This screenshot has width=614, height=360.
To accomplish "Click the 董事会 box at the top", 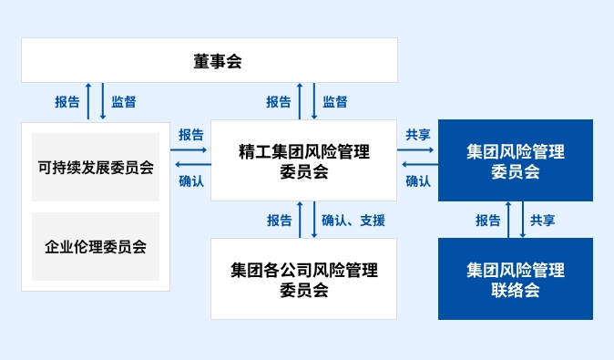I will coord(210,60).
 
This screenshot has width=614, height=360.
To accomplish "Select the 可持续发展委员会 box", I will coord(95,167).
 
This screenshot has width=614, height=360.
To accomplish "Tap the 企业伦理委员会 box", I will coord(95,246).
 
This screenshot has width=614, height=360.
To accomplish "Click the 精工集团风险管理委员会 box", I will coord(303,160).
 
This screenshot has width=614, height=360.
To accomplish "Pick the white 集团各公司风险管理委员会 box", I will coord(303,279).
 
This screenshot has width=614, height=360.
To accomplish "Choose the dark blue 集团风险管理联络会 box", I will coord(515,279).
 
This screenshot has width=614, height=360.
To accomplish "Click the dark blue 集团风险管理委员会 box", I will coord(515,160).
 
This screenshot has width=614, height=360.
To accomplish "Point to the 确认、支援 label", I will coord(353,220).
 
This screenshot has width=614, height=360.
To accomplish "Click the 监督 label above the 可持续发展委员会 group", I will coord(124,101).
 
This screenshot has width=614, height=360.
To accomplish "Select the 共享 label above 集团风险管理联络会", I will coord(543,220).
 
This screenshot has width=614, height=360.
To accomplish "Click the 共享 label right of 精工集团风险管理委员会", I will coord(418,134).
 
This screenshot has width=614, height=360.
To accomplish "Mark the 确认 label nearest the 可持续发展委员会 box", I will coord(191,180).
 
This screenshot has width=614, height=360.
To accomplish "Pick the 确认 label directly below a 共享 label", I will coord(418,180).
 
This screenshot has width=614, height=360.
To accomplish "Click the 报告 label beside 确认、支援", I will coord(280,220).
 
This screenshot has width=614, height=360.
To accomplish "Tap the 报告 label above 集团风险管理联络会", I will coord(488,220).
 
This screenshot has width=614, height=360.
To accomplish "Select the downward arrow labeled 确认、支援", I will coord(314,220).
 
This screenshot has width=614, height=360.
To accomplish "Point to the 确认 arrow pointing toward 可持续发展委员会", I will coord(190,165).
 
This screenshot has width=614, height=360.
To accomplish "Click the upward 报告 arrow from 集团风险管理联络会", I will coord(509,220).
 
